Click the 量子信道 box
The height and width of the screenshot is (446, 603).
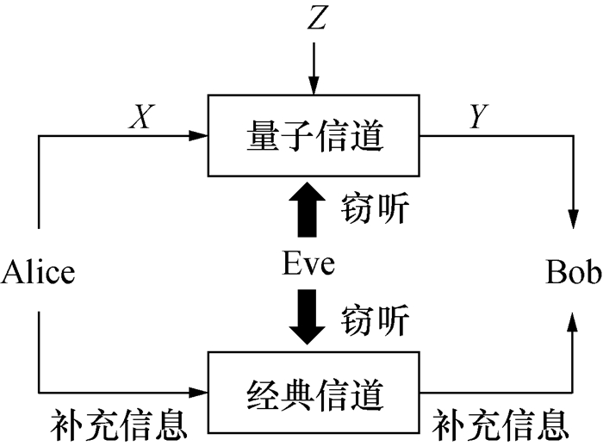tap(314, 135)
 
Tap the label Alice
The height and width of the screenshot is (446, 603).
tap(39, 273)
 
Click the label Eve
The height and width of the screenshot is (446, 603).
tap(308, 263)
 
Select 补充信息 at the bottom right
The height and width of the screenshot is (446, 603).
tap(500, 423)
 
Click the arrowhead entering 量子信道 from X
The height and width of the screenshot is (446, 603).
tap(200, 135)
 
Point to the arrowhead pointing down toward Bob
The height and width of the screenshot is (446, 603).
tap(573, 215)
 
